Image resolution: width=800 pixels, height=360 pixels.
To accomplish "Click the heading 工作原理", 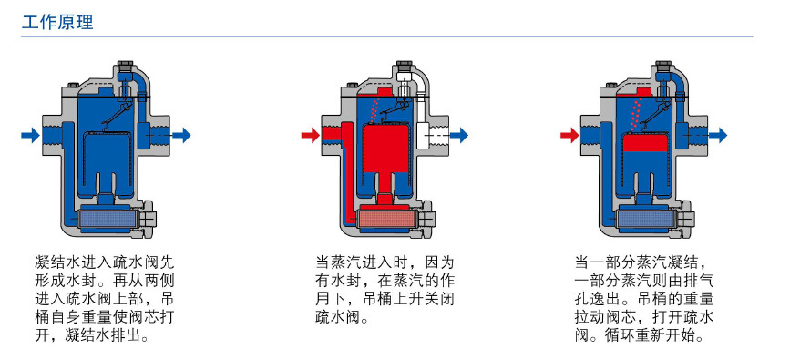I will pos(57,22).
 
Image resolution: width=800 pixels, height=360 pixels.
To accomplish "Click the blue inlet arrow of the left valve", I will pos(30,136).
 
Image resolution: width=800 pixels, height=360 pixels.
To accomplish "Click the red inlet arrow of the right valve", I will pos(569,136).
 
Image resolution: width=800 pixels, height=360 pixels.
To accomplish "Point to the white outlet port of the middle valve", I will pos(429,136).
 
